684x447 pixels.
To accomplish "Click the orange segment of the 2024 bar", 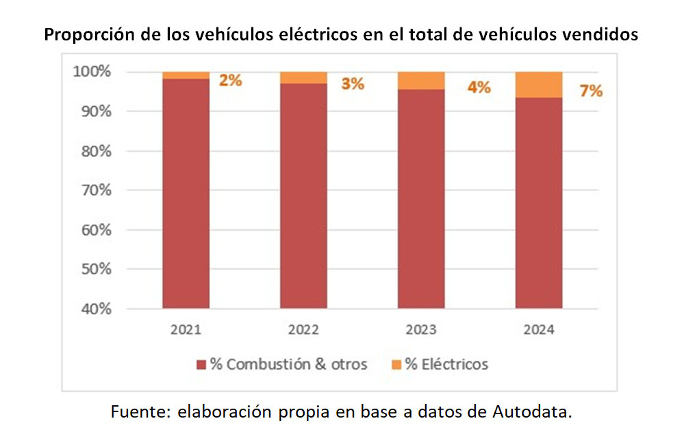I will [x=539, y=84].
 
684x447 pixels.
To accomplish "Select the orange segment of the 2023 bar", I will [x=421, y=80].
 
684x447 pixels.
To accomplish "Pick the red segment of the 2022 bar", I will [x=303, y=196].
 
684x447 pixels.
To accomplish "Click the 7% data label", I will [x=591, y=90].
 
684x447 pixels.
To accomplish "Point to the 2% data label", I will [x=231, y=80].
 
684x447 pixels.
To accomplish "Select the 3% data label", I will [x=352, y=84].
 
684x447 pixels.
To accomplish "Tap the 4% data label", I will [x=479, y=88].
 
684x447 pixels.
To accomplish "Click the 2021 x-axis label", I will [x=186, y=329].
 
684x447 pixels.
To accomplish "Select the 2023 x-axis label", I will [x=421, y=329].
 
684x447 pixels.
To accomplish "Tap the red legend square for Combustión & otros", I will [x=201, y=364].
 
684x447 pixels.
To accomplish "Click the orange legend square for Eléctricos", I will [x=396, y=364].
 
